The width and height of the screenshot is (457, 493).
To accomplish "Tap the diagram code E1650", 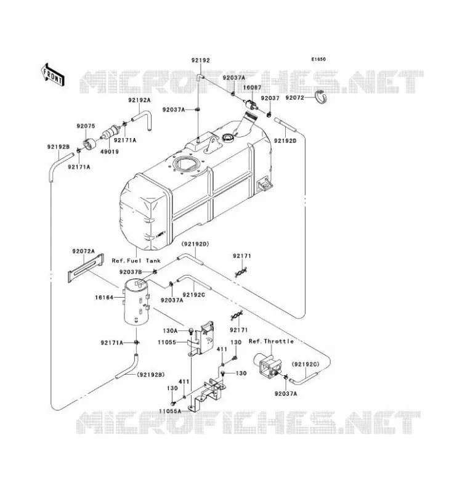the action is pyautogui.click(x=318, y=59).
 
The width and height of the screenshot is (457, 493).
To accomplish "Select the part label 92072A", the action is pyautogui.click(x=83, y=251).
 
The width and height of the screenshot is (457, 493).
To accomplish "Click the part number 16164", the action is pyautogui.click(x=104, y=297).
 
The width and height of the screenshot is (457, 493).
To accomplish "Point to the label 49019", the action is pyautogui.click(x=110, y=152).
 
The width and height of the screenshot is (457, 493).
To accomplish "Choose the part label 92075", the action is pyautogui.click(x=86, y=126).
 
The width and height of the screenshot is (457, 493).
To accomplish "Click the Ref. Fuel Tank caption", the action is pyautogui.click(x=136, y=261).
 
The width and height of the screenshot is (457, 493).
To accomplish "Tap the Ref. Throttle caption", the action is pyautogui.click(x=271, y=341).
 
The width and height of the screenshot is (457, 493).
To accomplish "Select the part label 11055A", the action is pyautogui.click(x=170, y=411).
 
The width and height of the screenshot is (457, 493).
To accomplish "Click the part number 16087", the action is pyautogui.click(x=252, y=87).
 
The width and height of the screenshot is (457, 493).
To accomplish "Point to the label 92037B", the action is pyautogui.click(x=131, y=272).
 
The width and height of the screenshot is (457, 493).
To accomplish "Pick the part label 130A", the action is pyautogui.click(x=171, y=331).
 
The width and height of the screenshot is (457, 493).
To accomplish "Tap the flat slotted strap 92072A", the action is pyautogui.click(x=86, y=268).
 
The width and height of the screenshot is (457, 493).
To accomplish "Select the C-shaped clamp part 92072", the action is pyautogui.click(x=321, y=98).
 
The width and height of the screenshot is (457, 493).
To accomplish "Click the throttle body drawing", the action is pyautogui.click(x=268, y=365).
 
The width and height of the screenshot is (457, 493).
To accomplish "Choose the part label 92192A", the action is pyautogui.click(x=139, y=100).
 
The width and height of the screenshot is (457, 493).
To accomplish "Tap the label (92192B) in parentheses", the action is pyautogui.click(x=151, y=375).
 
